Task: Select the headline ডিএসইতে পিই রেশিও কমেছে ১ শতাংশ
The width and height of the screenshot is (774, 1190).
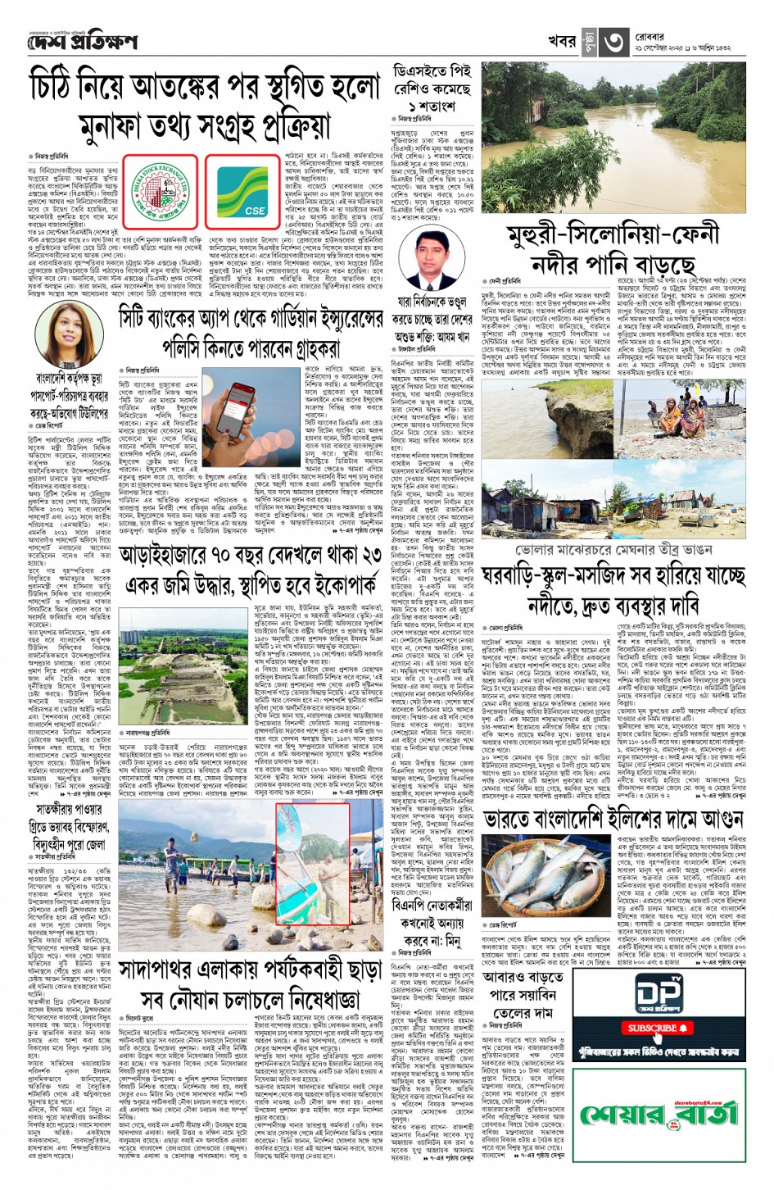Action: point(432,89)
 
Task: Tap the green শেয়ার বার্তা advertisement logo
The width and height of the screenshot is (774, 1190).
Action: point(659,1114)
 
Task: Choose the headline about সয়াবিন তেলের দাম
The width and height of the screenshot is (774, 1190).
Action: point(518,995)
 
